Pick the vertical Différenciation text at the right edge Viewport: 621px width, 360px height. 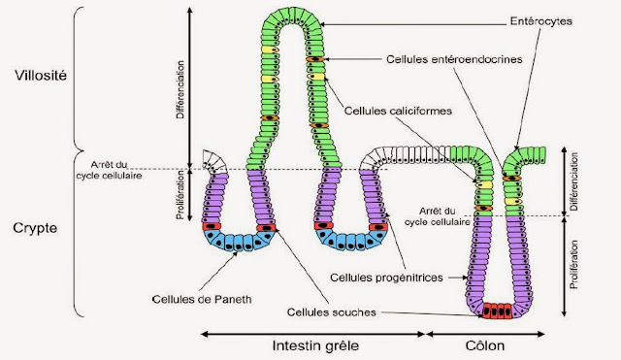pos(574,180)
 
